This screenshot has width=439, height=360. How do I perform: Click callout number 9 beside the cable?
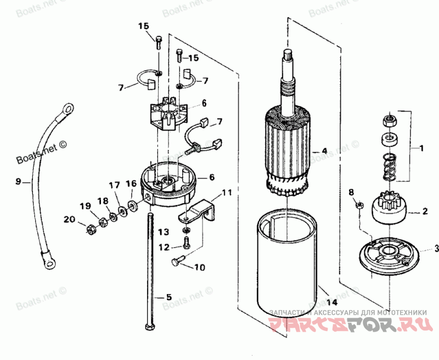(18, 181)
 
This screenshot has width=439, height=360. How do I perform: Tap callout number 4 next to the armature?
(324, 150)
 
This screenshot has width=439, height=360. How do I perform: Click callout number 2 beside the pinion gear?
(424, 210)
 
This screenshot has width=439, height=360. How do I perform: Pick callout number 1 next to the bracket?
(421, 148)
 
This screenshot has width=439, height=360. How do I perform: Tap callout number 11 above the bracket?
(227, 193)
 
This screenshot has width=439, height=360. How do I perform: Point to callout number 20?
(68, 219)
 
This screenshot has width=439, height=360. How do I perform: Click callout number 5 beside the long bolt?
(169, 297)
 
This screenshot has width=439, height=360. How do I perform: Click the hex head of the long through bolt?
(149, 327)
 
